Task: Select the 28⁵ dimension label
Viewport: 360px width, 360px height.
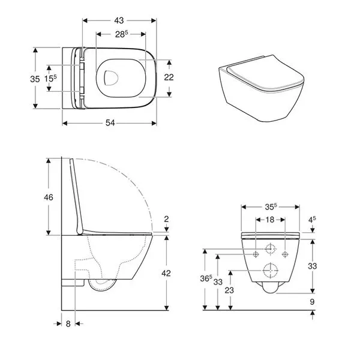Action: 120,35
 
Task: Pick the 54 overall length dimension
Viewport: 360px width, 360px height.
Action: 110,122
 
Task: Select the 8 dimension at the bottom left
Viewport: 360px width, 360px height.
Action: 68,323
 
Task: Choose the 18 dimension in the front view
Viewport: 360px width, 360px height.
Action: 269,220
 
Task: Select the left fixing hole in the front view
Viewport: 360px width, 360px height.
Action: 256,254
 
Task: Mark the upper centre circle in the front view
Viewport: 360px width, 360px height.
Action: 270,247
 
